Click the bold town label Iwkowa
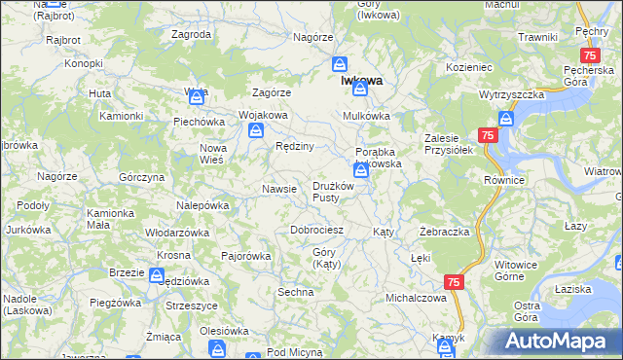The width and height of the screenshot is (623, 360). (361, 82)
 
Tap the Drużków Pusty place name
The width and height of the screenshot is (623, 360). (338, 192)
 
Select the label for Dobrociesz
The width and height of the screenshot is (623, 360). (317, 231)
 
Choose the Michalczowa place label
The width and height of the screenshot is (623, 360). (416, 298)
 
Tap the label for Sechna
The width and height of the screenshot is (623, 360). (296, 292)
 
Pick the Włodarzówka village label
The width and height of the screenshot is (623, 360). (177, 234)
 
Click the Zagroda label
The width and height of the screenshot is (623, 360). (191, 34)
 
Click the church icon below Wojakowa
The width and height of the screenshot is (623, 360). (253, 136)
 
